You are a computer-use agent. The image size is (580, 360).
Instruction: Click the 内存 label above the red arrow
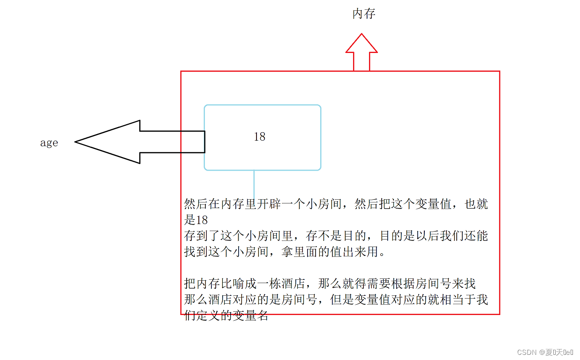tap(364, 14)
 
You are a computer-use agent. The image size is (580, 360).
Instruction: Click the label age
tap(49, 143)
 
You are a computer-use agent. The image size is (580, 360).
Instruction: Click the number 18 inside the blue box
tap(260, 136)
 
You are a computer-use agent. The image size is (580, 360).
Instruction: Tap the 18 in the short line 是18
tap(202, 220)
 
